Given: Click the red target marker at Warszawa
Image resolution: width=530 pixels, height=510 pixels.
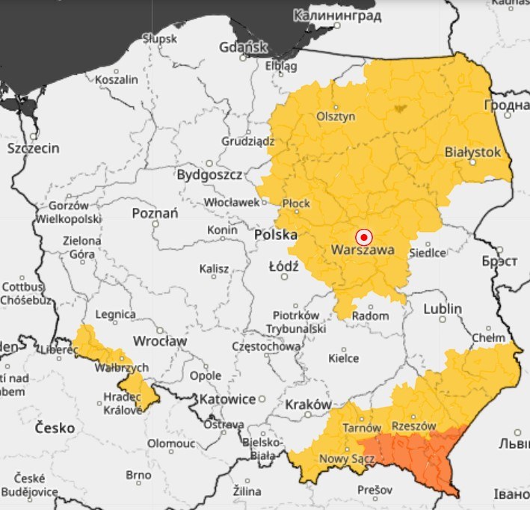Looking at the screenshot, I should (363, 236).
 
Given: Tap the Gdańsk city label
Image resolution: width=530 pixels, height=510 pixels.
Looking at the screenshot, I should (243, 48).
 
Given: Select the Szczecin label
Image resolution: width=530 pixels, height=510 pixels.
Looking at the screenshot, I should (33, 148).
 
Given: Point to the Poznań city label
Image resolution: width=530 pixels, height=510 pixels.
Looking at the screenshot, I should (155, 213).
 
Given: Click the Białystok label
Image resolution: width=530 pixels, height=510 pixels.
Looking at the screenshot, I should (472, 152).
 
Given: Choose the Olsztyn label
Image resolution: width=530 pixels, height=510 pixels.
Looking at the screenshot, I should (336, 117).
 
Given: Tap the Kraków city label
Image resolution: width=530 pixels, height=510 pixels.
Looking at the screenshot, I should (308, 405).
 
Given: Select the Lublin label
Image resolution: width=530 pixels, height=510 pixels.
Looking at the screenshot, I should (443, 309).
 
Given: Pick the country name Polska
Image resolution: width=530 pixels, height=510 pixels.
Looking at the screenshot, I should (276, 235).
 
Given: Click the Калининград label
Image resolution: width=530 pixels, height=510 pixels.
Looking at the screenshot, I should (337, 16).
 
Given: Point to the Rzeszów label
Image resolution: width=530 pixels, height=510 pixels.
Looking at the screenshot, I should (413, 425).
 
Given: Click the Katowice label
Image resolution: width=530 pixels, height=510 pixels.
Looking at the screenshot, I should (227, 399).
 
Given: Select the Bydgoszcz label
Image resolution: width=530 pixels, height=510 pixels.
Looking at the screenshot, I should (209, 175).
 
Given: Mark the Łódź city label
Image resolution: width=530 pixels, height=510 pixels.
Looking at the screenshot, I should (283, 266).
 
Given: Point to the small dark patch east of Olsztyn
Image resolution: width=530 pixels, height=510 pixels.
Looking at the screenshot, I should (399, 108).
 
